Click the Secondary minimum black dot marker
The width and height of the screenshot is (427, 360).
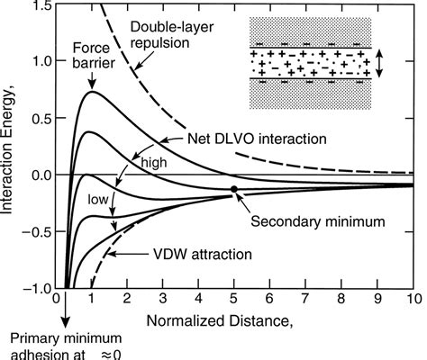coord(234,189)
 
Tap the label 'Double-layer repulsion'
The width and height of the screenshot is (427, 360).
coord(172,35)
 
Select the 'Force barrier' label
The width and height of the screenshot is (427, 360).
coord(94,56)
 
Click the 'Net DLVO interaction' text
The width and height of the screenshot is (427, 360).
coord(257,139)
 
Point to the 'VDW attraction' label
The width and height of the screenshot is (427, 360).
coord(203,255)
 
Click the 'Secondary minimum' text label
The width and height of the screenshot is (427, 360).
coord(318,221)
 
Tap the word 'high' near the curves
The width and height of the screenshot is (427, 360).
coord(154,163)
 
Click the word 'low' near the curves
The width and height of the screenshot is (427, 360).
coord(97,199)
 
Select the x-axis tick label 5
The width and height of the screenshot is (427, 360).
coord(233,299)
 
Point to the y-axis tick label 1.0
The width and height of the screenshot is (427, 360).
coord(41,61)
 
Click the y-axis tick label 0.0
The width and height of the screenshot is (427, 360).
coord(41,175)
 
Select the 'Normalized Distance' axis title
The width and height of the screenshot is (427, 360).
coord(219,321)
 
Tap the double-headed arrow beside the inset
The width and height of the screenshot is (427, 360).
coord(379,64)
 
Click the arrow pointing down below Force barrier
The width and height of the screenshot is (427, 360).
coord(93,80)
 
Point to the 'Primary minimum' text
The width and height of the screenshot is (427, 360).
coord(66,338)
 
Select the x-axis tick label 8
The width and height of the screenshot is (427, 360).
coord(341,299)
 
